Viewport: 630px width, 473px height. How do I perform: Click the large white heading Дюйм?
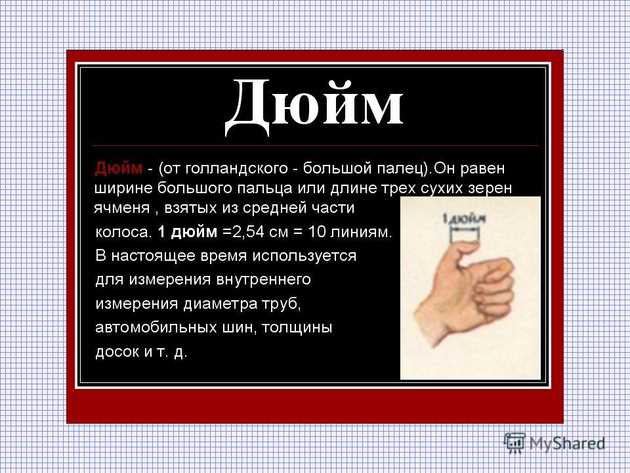point(314,106)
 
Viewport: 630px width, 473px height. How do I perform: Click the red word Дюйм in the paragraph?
point(119,168)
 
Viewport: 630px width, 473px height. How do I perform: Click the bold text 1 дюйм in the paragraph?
point(187,232)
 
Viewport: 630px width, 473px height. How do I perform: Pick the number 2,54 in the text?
point(246,232)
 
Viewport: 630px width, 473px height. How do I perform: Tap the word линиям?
point(361,232)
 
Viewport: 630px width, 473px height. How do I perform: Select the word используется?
point(304,256)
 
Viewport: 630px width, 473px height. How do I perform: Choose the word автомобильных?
point(156,327)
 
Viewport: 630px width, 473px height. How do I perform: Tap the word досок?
point(117,352)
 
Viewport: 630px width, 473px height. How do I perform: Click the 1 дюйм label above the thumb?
point(465,219)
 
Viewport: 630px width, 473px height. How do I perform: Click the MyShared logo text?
point(567,443)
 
